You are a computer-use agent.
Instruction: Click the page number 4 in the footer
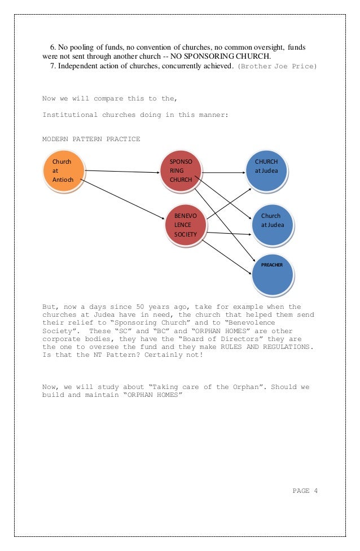click(x=316, y=491)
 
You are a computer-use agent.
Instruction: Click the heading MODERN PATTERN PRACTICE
click(x=91, y=139)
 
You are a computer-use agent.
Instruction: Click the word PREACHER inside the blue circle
click(x=271, y=264)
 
